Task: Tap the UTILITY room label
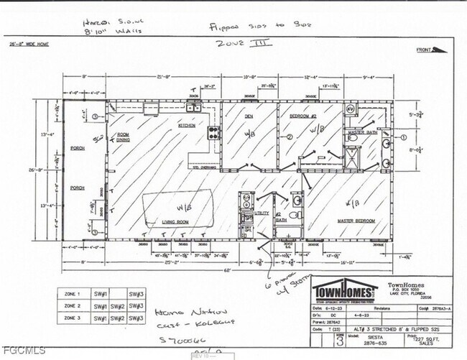click(x=263, y=213)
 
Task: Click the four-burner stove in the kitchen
click(x=212, y=132)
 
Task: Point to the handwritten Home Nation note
click(x=175, y=314)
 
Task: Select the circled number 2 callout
click(x=289, y=137)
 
